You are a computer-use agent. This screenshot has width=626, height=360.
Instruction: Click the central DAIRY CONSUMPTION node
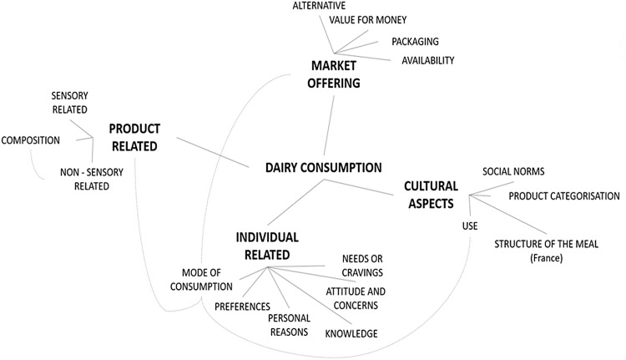point(323,167)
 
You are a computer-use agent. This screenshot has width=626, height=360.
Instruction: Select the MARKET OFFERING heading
point(336,74)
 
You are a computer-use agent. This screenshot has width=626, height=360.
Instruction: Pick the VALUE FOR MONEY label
point(369,20)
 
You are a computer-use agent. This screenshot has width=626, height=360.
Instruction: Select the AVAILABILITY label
point(427,60)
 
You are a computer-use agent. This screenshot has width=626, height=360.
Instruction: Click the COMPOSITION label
point(31,140)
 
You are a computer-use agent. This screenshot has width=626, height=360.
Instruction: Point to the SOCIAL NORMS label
point(513,171)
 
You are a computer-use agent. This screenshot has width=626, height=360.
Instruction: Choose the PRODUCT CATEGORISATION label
point(564,196)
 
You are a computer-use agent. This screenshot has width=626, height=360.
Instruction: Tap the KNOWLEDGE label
point(351,334)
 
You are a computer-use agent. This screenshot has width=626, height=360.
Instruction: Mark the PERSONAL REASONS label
point(288,325)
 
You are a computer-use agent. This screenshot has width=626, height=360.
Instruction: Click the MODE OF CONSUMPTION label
point(202,279)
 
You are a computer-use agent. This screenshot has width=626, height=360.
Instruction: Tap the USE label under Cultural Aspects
point(471,226)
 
